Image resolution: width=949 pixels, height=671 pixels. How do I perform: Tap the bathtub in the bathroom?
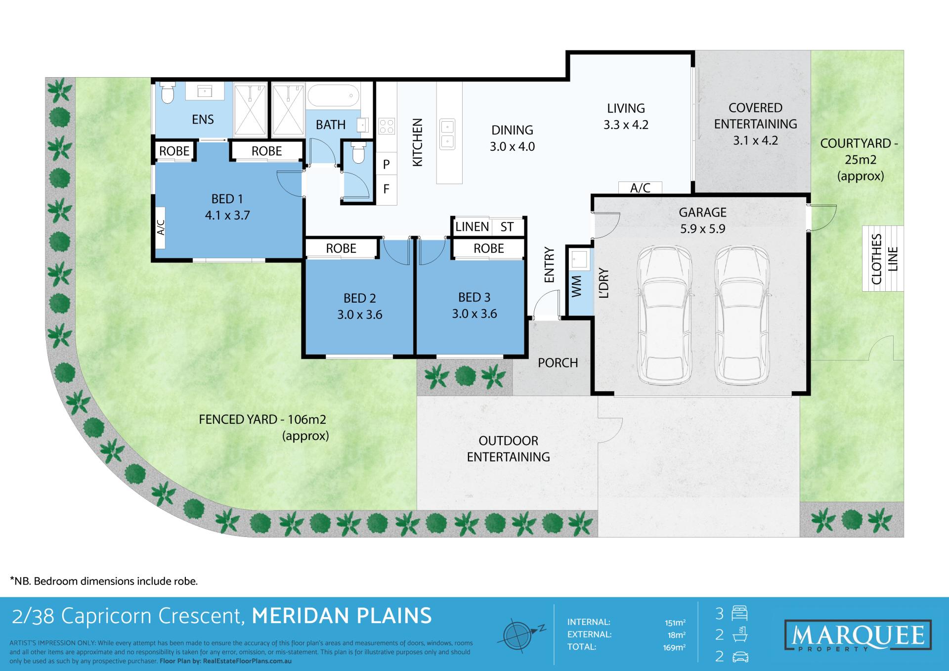pos(333,95)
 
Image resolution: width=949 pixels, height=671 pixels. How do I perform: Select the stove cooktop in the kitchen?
pos(387,126)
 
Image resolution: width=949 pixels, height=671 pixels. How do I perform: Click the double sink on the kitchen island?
pos(448,134)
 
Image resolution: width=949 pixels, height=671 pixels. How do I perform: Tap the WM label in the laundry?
pos(576,286)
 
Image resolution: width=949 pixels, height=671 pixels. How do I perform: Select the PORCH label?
pos(558,363)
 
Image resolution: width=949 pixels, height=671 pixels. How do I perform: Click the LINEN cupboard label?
pos(472,227)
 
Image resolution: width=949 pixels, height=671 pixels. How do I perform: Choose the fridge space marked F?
pos(387,189)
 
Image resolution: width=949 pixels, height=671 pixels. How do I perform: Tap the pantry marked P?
pos(387,164)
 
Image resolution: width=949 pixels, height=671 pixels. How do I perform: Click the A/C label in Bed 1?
pos(161,228)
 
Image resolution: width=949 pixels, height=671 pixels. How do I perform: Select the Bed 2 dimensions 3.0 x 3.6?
pos(360,315)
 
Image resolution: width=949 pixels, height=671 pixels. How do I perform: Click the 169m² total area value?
pos(674,647)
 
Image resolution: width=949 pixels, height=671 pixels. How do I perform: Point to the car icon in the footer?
pos(740,657)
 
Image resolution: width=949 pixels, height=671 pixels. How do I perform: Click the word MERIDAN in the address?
pos(296,616)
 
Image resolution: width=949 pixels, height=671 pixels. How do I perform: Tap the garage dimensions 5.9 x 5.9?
pos(702,229)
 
